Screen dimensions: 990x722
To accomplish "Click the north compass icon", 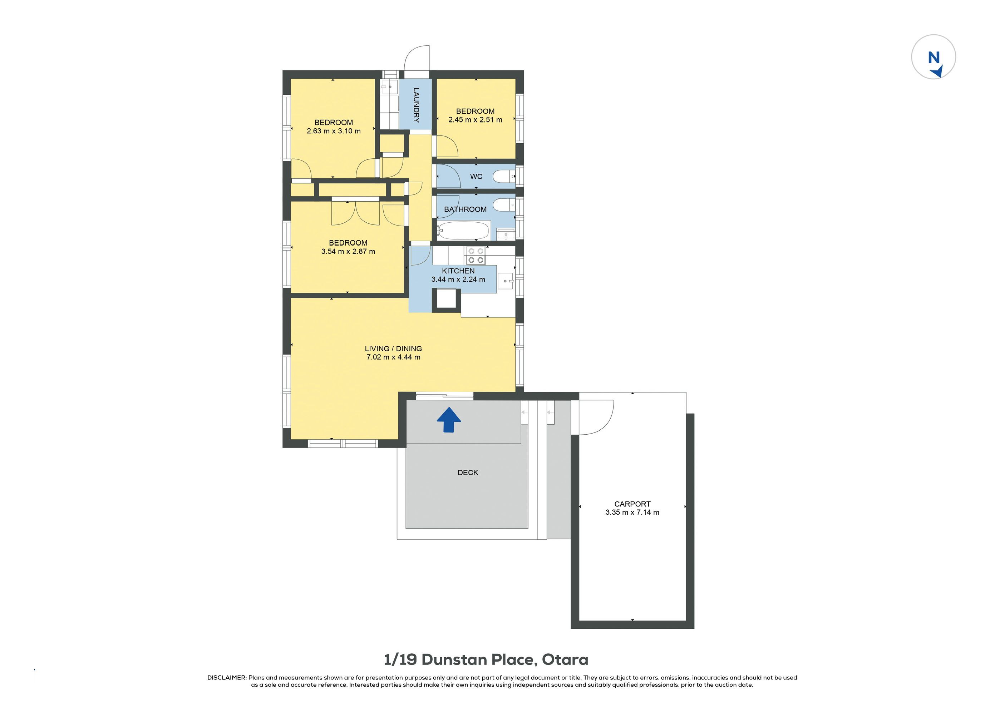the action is click(933, 57).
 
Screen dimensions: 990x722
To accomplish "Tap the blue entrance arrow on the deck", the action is click(449, 420).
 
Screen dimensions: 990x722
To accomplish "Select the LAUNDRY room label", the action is click(416, 105).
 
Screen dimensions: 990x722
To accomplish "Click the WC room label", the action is click(476, 177).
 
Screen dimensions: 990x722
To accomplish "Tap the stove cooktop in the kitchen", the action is click(476, 256).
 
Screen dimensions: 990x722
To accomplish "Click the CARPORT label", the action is click(632, 504).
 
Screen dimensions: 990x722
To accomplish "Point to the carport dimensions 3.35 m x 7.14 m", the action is click(632, 512).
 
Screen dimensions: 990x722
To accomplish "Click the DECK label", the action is click(468, 473).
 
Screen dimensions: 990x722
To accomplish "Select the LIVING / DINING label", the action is click(393, 349).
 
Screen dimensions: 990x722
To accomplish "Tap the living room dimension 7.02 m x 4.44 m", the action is click(393, 357).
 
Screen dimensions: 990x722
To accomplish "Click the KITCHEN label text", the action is click(458, 271).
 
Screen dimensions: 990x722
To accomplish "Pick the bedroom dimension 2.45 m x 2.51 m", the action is click(475, 120).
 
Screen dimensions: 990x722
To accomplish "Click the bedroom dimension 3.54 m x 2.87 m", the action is click(348, 251).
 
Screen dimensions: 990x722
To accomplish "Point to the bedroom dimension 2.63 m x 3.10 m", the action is click(334, 131).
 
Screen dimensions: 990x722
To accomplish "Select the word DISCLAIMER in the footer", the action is click(227, 678).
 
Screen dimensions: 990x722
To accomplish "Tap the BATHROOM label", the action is click(465, 209).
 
